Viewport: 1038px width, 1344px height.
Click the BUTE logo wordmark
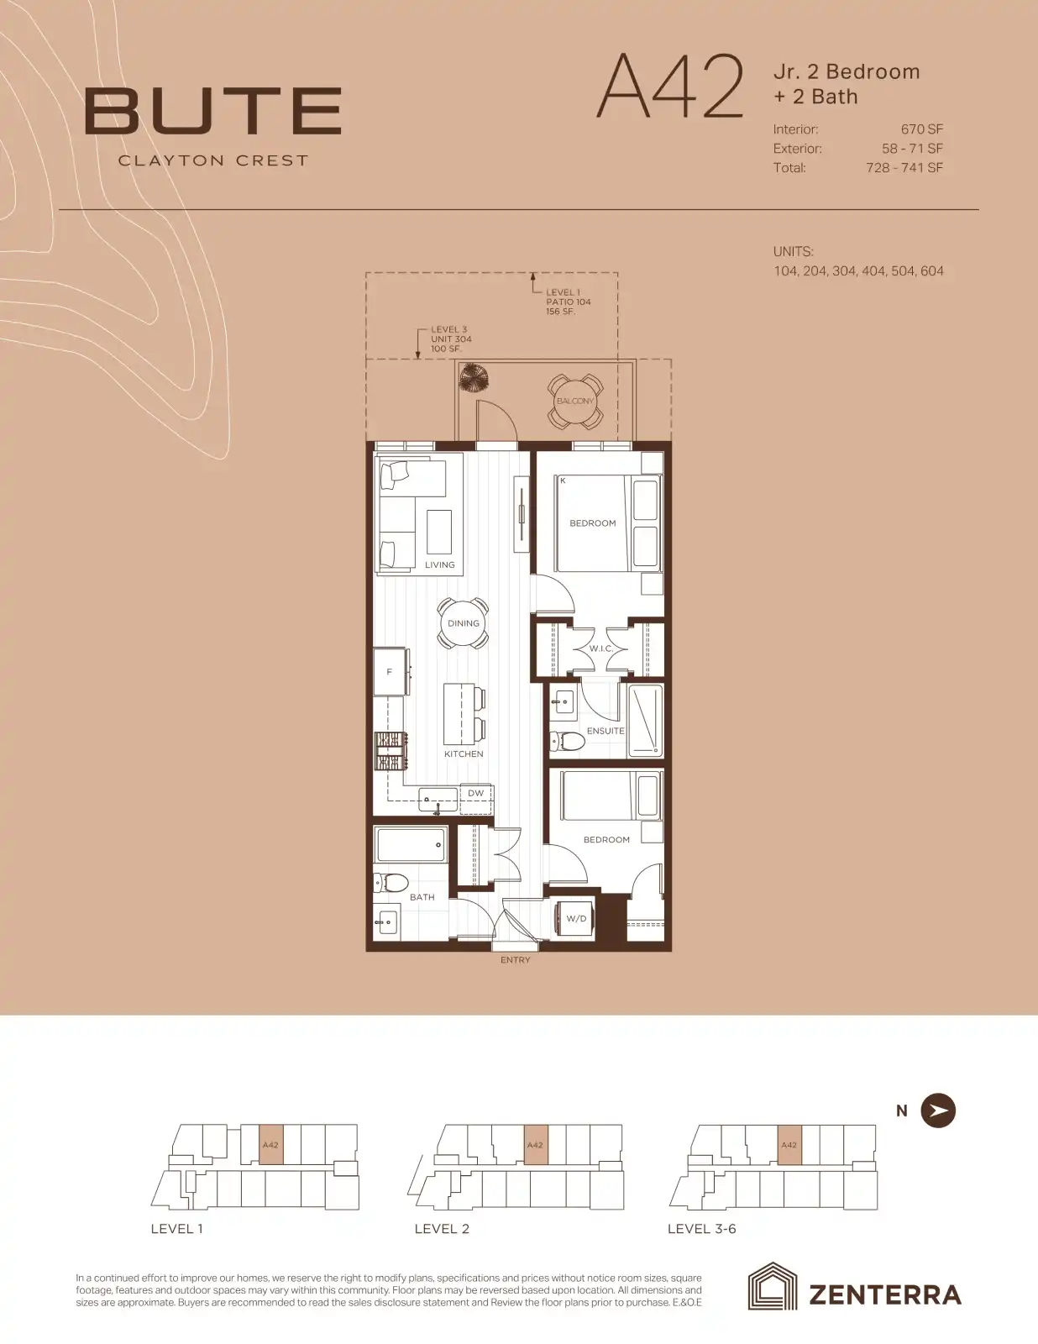point(212,112)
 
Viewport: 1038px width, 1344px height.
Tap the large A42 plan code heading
point(669,87)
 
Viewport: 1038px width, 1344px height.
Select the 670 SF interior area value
point(922,129)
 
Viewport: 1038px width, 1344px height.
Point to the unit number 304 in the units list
point(844,271)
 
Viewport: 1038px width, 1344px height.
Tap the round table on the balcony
point(575,402)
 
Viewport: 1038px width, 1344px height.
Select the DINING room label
point(463,623)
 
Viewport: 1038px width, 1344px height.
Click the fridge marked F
point(391,672)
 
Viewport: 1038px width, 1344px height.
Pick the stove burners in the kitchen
point(391,752)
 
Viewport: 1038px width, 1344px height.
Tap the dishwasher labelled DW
point(475,794)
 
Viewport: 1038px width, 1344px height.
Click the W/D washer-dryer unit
point(575,919)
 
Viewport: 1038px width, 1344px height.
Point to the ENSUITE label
point(605,731)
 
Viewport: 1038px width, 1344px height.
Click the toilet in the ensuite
point(568,741)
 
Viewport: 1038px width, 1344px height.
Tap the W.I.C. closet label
point(600,648)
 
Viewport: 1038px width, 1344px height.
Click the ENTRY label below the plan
point(515,960)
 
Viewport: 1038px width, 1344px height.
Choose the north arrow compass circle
point(938,1110)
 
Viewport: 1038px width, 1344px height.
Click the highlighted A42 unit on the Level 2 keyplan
point(535,1146)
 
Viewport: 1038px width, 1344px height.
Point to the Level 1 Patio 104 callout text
point(568,302)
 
